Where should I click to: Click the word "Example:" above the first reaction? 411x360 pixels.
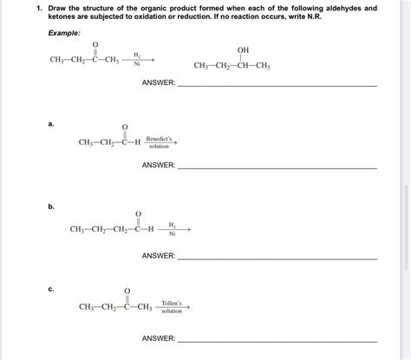(x=66, y=32)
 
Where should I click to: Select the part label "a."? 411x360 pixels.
(x=52, y=123)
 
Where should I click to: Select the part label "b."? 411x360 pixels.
(x=52, y=206)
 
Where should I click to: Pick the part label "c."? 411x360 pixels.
(x=52, y=289)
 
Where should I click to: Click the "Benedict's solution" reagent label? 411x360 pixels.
(x=160, y=141)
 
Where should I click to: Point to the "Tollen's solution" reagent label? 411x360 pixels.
(x=172, y=305)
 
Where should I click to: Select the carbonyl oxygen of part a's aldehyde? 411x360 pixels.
(x=126, y=128)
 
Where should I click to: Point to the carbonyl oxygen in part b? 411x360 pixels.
(x=138, y=211)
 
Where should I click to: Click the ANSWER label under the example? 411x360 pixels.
(x=159, y=83)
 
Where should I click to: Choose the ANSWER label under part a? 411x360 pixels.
(x=159, y=165)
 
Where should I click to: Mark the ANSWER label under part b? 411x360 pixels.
(x=159, y=256)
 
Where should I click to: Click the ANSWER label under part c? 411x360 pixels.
(x=159, y=337)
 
